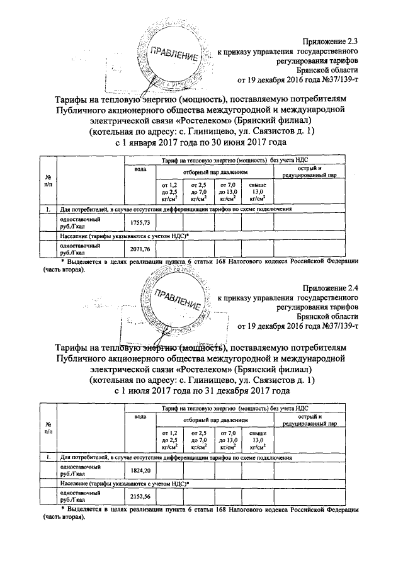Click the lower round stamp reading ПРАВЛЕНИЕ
click(x=171, y=300)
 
